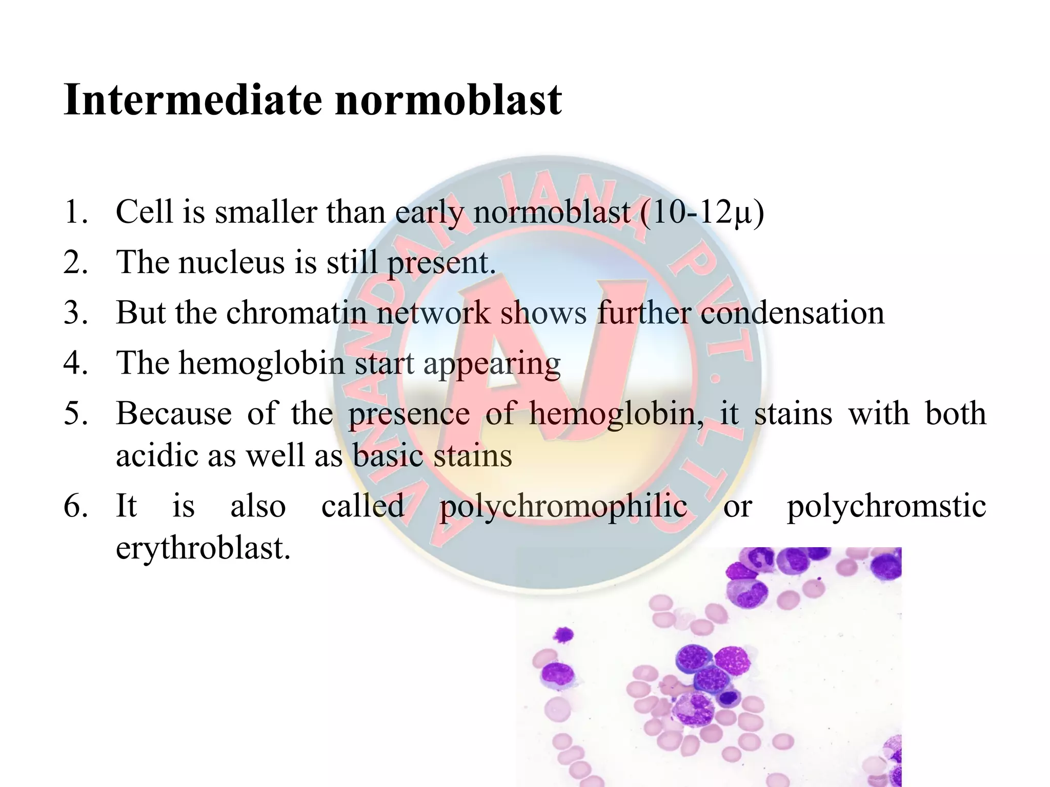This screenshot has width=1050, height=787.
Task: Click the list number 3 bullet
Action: click(75, 313)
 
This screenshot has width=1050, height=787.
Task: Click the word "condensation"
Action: click(792, 313)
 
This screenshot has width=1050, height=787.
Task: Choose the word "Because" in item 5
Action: click(174, 413)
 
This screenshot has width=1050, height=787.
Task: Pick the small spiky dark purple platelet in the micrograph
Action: click(563, 635)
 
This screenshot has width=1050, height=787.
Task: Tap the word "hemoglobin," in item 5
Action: click(616, 413)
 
